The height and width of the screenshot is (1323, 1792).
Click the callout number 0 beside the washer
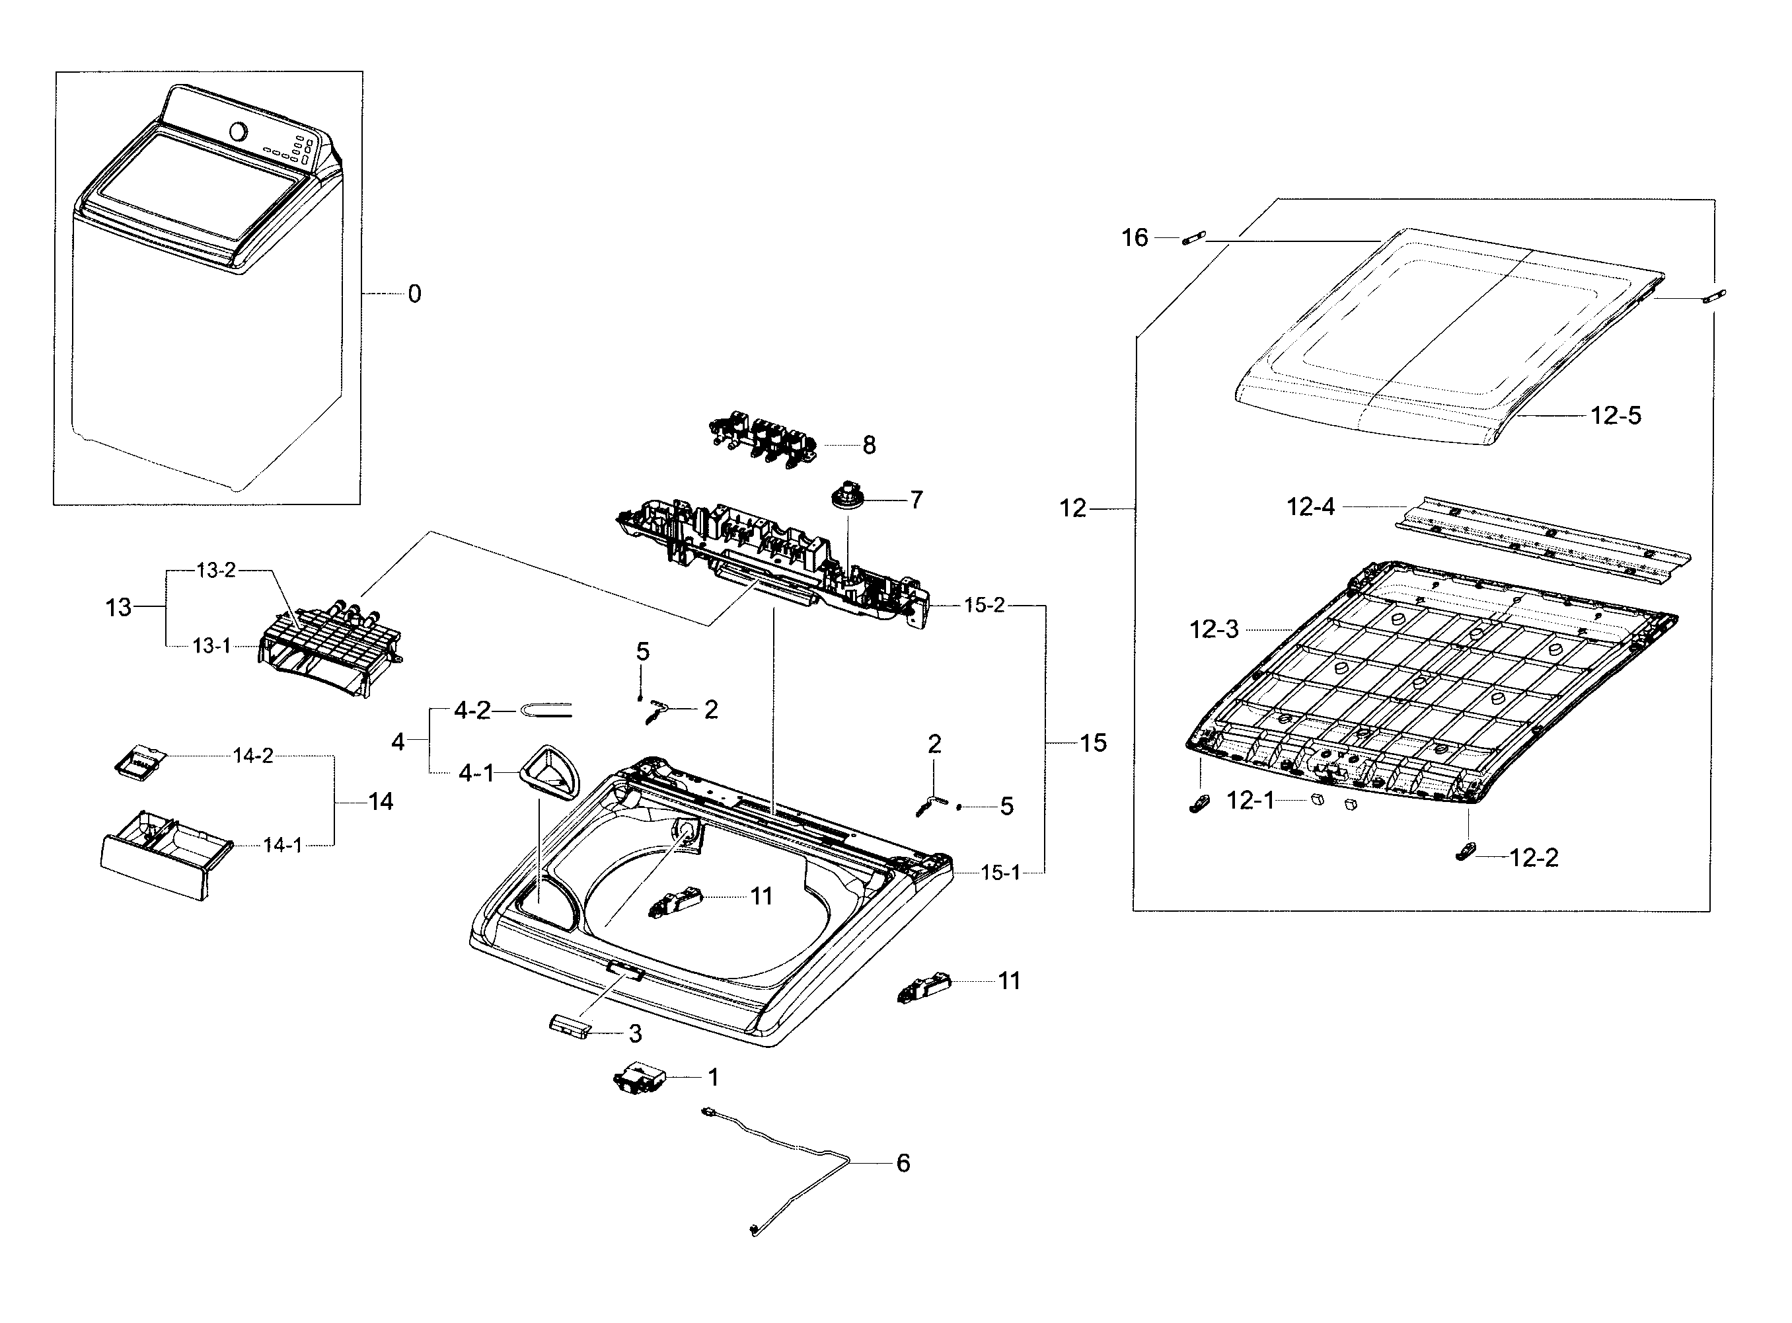414,295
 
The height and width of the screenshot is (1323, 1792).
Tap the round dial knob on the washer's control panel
239,130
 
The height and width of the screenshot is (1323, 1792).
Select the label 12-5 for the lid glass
1615,416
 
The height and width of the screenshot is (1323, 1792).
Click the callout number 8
869,445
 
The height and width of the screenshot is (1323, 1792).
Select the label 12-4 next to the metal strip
1310,507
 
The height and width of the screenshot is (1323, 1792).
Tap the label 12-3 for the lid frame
1213,629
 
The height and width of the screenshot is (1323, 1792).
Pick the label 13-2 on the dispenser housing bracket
216,570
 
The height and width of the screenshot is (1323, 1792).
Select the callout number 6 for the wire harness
903,1163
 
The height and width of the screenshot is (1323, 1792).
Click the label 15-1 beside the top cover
1000,873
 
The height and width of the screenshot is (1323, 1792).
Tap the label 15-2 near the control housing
984,606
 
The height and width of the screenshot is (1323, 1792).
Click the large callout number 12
1072,508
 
